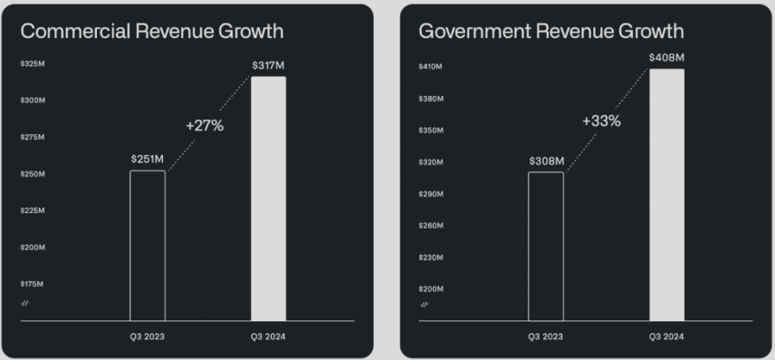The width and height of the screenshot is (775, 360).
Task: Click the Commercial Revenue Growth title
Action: [152, 31]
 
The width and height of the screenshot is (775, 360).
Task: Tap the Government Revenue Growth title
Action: [551, 31]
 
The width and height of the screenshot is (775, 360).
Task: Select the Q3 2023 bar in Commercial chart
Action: [148, 245]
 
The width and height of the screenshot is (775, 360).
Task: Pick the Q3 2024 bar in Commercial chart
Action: [268, 199]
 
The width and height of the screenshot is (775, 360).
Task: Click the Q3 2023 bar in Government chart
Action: [546, 246]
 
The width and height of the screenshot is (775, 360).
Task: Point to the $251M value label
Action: [148, 159]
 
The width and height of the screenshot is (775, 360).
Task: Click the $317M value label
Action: [268, 65]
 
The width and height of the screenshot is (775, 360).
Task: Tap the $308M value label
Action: [546, 161]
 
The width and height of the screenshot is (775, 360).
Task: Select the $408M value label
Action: [667, 57]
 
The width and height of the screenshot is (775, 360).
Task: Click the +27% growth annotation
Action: [204, 126]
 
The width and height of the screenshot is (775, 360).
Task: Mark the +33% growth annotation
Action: [601, 121]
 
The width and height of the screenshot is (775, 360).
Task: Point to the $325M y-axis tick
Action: [32, 64]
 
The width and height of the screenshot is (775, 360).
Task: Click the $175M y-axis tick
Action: [32, 284]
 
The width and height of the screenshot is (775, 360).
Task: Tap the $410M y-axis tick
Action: [430, 66]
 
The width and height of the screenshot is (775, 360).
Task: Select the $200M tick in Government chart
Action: [430, 288]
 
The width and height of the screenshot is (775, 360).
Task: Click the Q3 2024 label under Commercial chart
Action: [268, 337]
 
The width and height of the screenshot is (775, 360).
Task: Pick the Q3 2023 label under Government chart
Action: [546, 337]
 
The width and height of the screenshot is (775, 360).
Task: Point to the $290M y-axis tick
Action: [430, 194]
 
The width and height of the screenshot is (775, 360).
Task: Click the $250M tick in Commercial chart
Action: [32, 174]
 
